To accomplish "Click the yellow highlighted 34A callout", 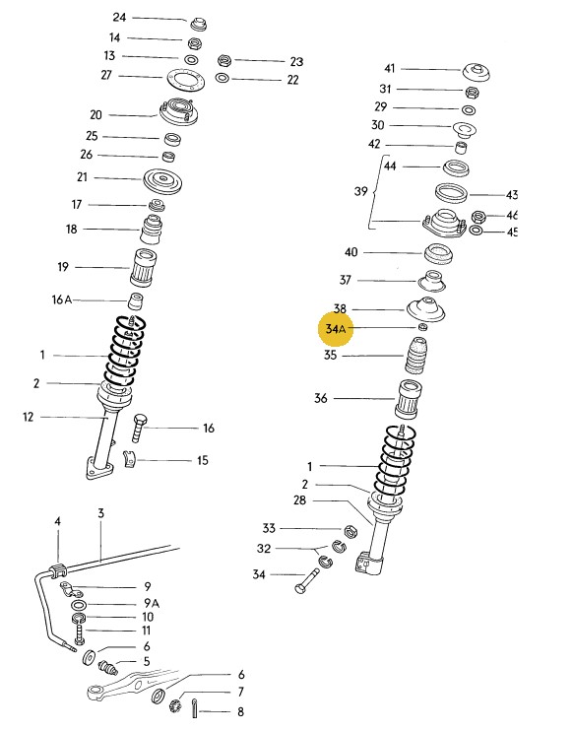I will (x=337, y=327).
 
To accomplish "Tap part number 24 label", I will (x=120, y=18).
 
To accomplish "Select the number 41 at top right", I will (x=389, y=68).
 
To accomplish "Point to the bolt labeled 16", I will (x=139, y=428).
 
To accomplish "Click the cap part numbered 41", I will (x=477, y=73).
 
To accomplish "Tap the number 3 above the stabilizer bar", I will (x=100, y=513).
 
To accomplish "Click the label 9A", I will (x=151, y=602).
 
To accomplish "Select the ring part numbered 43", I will (x=452, y=193).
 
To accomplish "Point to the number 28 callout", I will (x=300, y=500).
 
